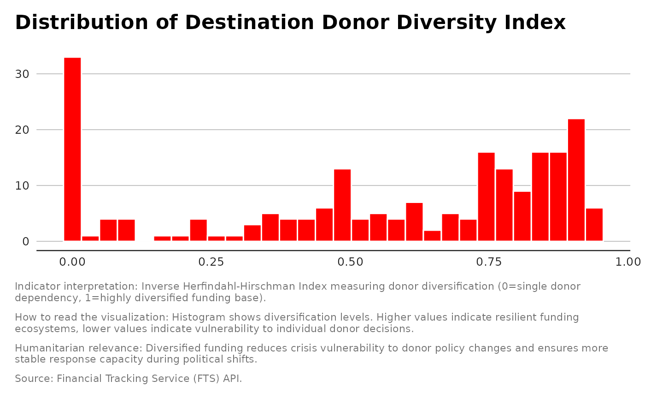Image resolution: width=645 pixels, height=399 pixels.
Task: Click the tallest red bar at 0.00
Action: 72,149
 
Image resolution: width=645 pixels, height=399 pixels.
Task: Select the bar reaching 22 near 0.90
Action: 576,180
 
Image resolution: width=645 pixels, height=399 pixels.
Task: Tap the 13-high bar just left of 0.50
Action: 342,205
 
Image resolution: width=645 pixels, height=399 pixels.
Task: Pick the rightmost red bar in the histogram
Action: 594,225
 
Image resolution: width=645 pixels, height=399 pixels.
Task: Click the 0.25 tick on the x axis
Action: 211,262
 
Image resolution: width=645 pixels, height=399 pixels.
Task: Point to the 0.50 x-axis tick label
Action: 350,262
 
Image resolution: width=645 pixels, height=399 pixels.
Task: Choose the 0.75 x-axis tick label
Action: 489,262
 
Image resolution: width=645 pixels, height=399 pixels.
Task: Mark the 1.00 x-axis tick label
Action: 627,262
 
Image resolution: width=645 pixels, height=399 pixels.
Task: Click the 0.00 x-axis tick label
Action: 72,262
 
